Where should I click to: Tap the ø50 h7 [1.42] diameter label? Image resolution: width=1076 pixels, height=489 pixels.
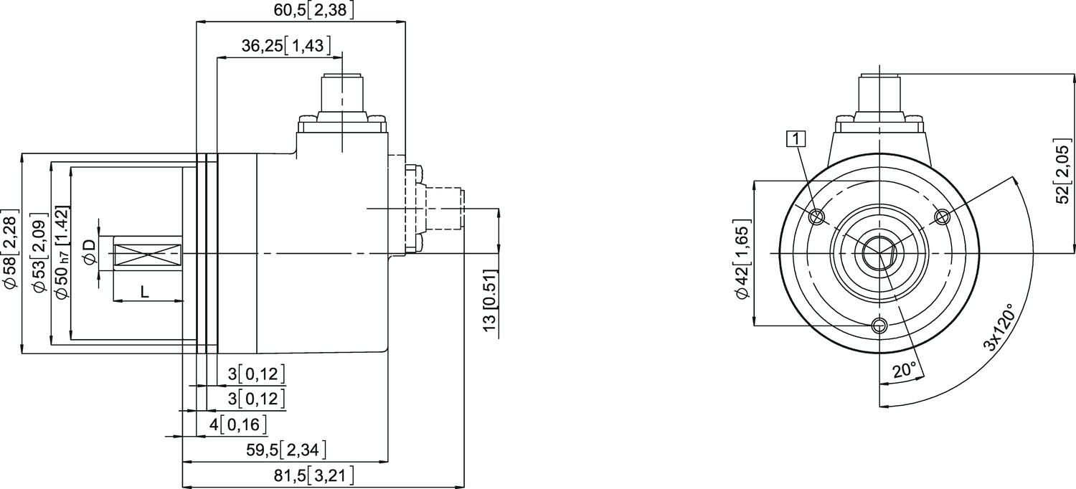(62, 255)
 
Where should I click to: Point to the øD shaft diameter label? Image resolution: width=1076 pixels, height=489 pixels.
(89, 253)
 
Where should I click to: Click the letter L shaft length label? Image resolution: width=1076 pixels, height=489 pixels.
(144, 291)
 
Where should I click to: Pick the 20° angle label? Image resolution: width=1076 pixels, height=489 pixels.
(904, 370)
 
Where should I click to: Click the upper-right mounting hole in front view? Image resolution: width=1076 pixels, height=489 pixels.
(943, 217)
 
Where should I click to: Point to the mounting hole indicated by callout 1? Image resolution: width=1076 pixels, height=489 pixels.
(816, 217)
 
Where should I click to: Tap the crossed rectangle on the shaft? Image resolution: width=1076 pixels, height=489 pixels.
(147, 253)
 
